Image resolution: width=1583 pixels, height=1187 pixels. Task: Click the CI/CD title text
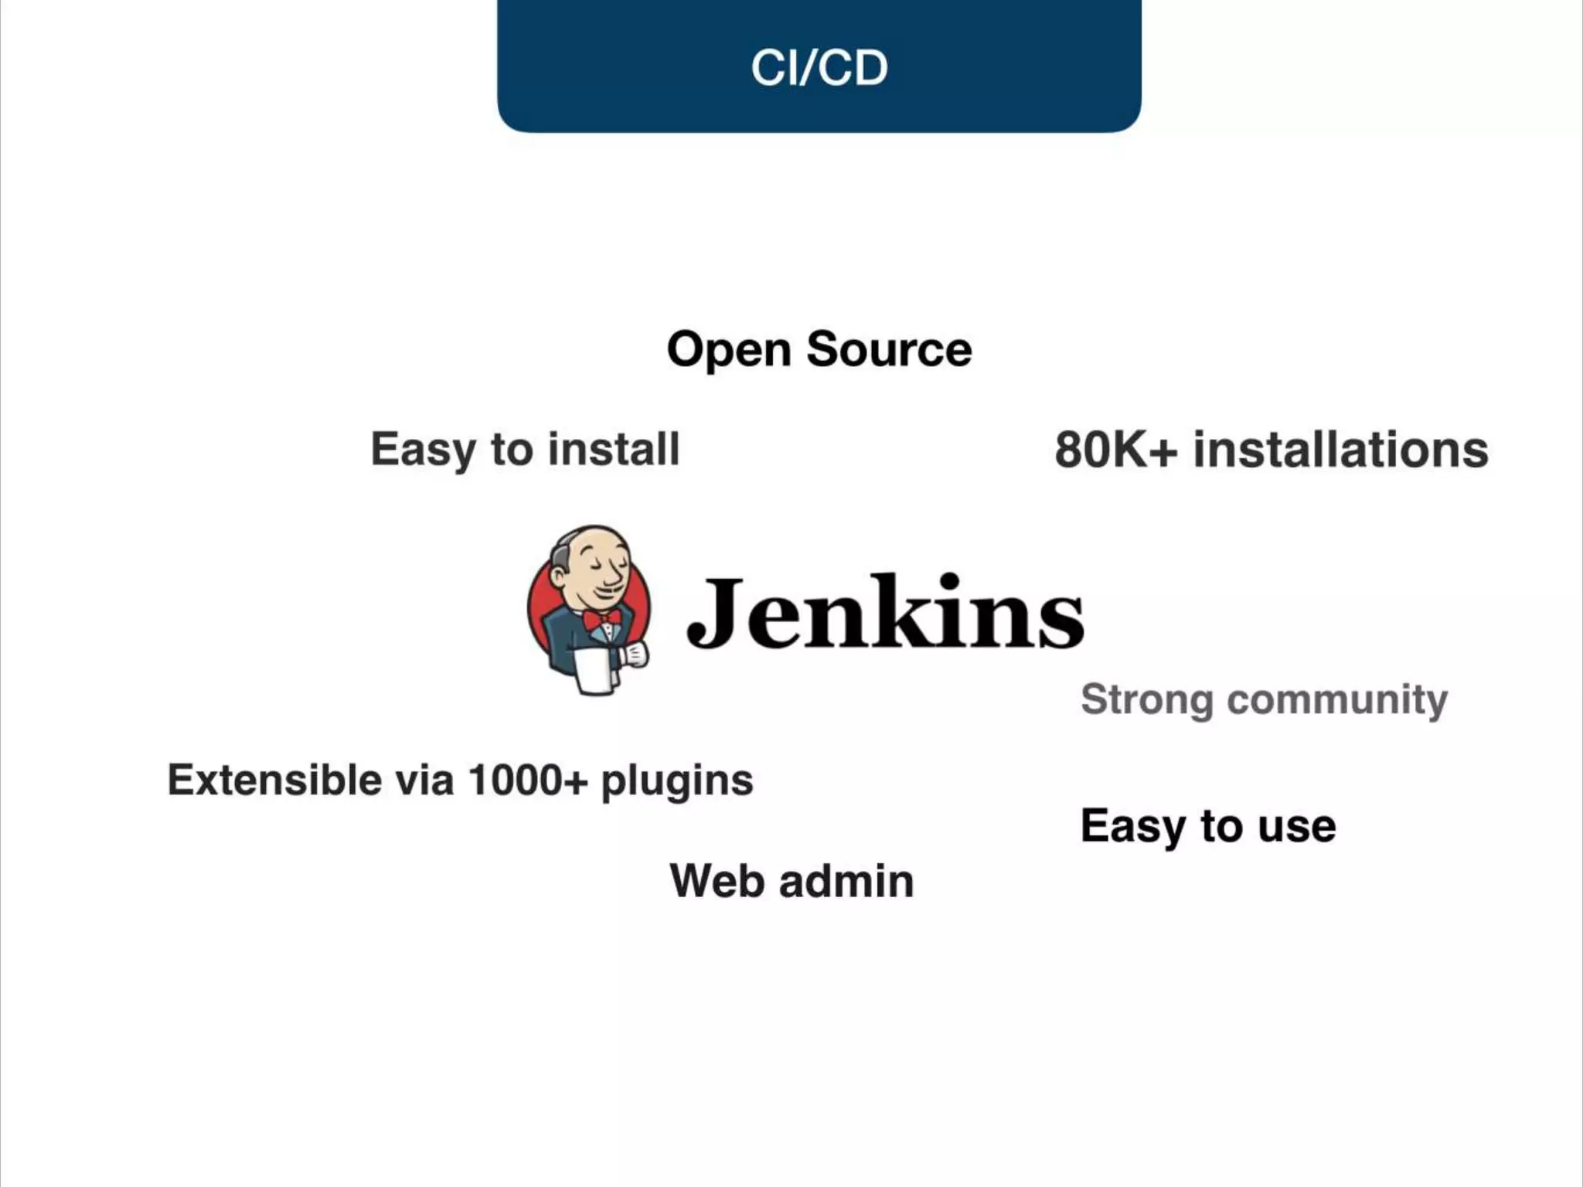pos(819,68)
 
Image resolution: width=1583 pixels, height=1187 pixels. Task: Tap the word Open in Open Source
pos(729,351)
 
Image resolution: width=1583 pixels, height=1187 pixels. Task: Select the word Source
pos(889,349)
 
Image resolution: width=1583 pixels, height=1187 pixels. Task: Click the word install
pos(614,449)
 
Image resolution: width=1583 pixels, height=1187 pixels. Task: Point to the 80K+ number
pos(1115,450)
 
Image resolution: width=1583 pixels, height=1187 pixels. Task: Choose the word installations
pos(1341,450)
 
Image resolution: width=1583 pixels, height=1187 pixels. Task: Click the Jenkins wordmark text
pos(885,612)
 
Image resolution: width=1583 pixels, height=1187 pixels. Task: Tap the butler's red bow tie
pos(601,619)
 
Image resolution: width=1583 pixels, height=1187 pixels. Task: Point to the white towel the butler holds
pos(594,671)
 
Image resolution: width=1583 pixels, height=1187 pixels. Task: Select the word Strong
pos(1146,700)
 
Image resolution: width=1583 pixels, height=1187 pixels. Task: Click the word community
pos(1337,700)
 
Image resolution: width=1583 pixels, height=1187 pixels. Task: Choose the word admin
pos(846,881)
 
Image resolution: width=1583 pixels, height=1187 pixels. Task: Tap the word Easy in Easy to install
pos(423,451)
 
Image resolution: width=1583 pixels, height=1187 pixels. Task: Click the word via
pos(424,780)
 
